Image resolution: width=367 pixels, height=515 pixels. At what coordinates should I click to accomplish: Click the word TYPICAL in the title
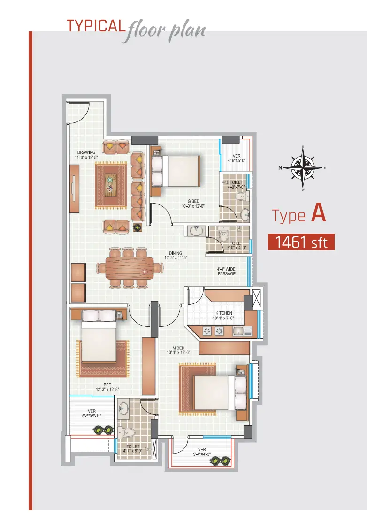[96, 26]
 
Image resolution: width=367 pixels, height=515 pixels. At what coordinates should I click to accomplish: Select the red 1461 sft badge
[301, 242]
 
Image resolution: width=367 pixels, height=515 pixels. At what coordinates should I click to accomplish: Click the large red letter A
[318, 212]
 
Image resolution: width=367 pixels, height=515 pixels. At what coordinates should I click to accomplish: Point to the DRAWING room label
[86, 155]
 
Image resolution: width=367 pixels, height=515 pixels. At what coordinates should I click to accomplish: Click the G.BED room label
[193, 204]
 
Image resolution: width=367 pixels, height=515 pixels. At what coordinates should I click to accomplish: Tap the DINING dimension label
[176, 256]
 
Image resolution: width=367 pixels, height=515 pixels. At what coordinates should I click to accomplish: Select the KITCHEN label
[223, 316]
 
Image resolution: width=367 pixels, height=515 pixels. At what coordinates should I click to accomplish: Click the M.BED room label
[178, 350]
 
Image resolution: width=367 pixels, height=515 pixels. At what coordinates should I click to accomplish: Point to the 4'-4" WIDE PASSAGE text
[226, 271]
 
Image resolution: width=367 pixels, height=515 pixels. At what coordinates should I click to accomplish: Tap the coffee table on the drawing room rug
[111, 185]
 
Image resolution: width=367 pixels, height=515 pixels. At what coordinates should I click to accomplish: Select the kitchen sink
[242, 331]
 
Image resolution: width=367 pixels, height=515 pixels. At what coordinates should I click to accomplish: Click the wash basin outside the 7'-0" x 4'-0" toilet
[197, 231]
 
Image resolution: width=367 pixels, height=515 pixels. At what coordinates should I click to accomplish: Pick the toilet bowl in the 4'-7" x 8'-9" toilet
[127, 432]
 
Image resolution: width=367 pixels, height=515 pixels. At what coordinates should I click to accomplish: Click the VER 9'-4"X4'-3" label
[202, 452]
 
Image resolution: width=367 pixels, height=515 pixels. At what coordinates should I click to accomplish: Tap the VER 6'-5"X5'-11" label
[92, 414]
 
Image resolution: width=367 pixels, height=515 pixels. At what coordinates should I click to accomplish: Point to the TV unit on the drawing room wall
[74, 189]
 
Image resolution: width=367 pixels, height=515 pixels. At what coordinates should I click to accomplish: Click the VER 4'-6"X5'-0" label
[237, 159]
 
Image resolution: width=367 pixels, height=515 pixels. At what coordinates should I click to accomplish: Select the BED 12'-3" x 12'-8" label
[107, 387]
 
